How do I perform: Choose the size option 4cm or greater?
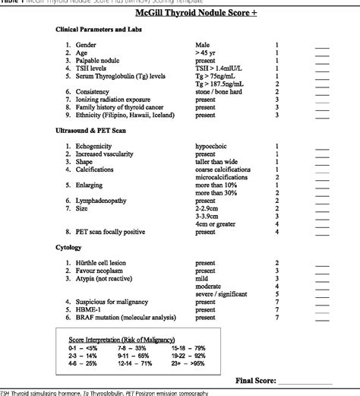218,223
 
